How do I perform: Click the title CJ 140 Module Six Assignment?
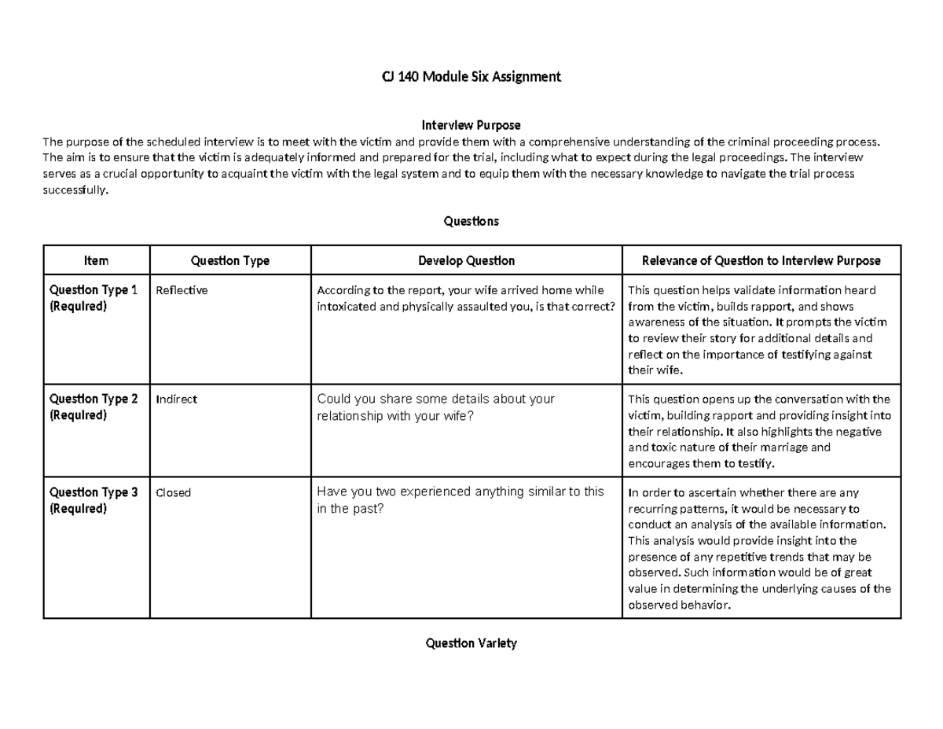point(471,77)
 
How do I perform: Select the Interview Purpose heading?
point(471,125)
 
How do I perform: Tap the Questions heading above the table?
point(471,221)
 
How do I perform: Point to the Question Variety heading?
point(471,643)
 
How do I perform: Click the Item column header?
point(96,260)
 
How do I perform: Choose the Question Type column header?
point(230,260)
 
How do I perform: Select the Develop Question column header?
point(466,260)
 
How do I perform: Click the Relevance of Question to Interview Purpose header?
point(761,260)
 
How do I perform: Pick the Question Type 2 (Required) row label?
point(94,407)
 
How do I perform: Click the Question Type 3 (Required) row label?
point(94,500)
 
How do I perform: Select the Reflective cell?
point(182,290)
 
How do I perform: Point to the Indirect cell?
point(177,399)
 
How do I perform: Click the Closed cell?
point(174,493)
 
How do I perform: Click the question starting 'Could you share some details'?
point(435,407)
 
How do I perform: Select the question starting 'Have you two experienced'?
point(460,500)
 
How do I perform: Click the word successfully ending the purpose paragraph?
point(73,190)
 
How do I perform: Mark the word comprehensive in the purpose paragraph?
point(556,142)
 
